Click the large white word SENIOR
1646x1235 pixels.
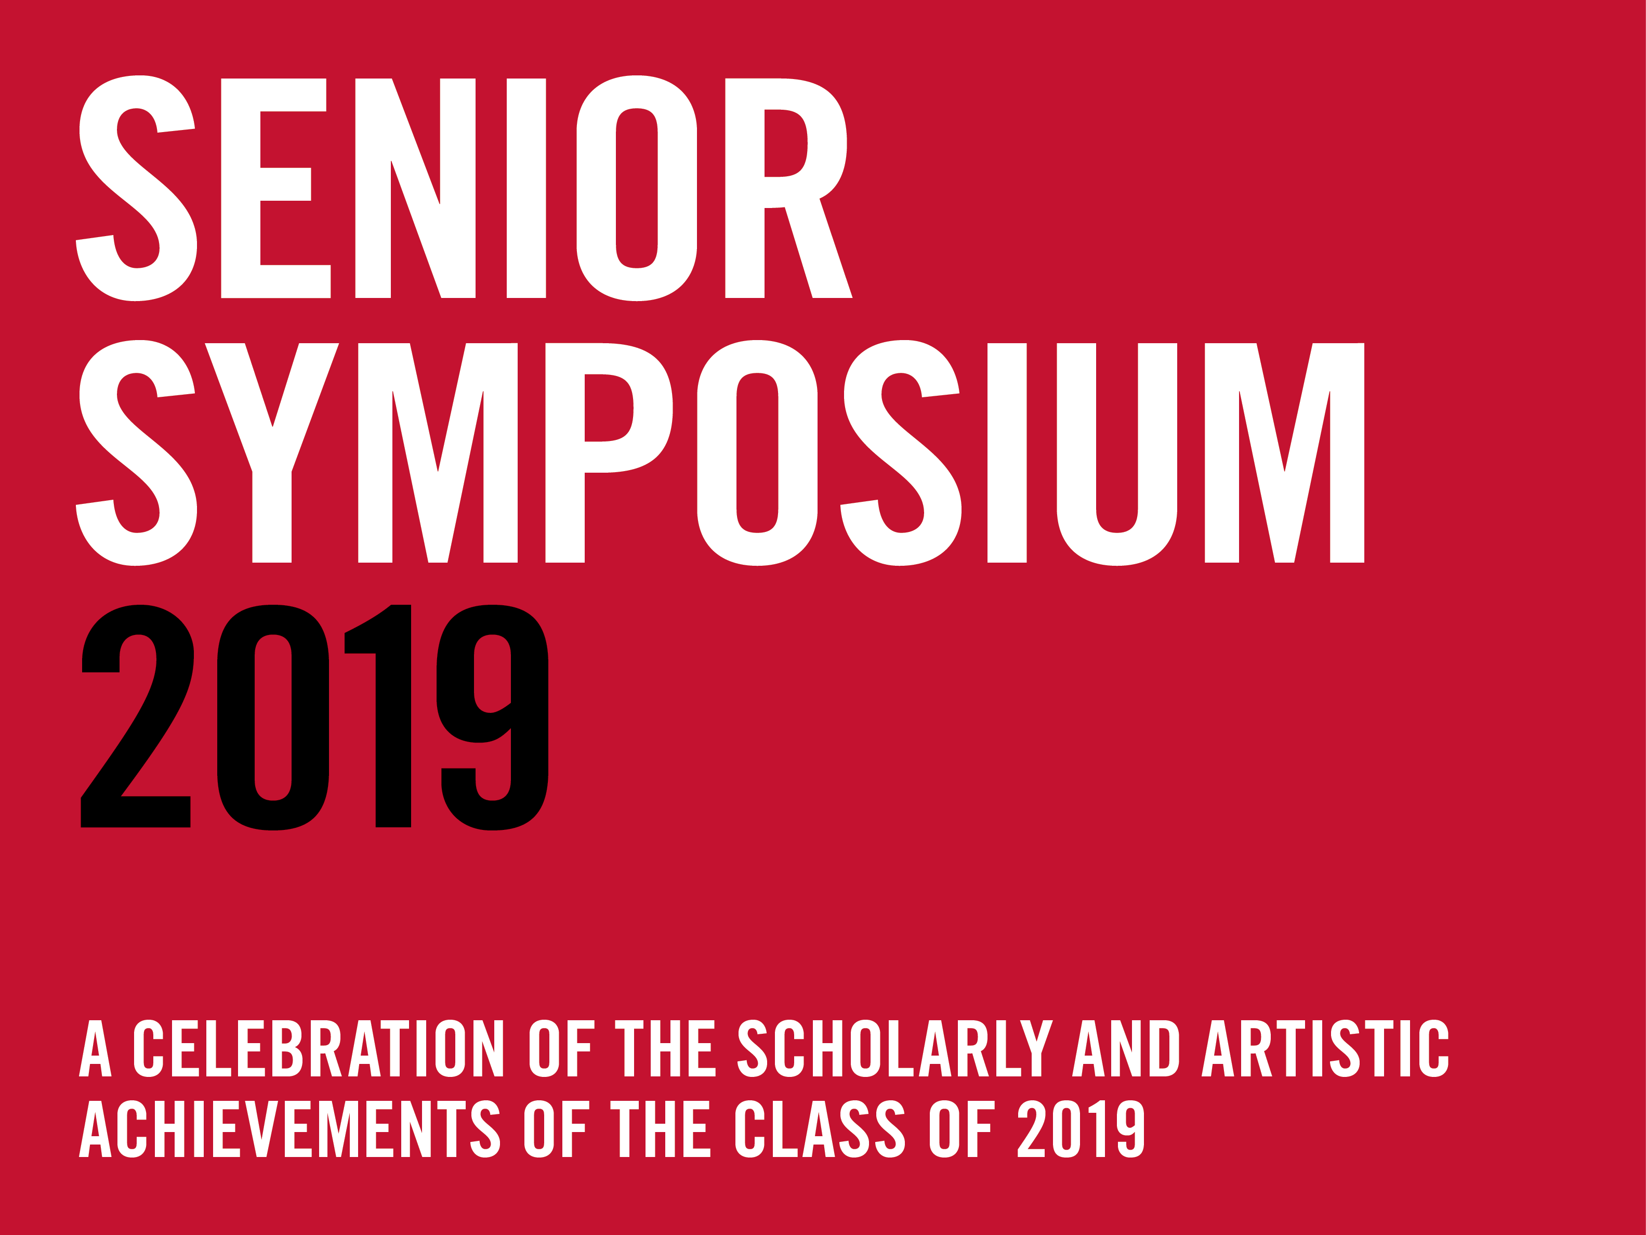coord(464,188)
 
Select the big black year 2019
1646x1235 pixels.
coord(315,717)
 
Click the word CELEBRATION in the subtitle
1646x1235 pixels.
coord(319,1048)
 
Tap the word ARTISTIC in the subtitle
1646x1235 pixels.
coord(1325,1048)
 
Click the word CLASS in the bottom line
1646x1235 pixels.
coord(820,1128)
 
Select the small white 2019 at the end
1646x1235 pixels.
coord(1081,1128)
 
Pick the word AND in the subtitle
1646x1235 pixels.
coord(1126,1048)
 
